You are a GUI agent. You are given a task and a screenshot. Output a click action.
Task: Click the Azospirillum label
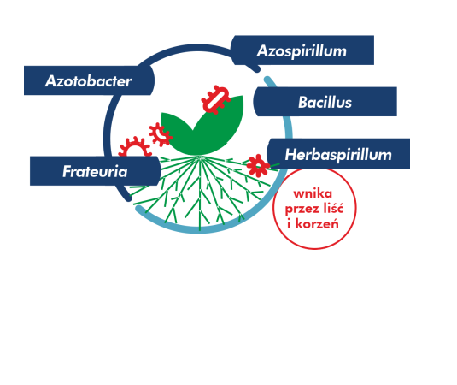tap(302, 50)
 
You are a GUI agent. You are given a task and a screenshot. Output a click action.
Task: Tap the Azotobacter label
tap(89, 80)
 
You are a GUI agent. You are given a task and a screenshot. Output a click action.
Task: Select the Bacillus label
tap(325, 102)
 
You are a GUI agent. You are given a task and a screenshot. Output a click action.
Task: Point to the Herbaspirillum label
tap(338, 154)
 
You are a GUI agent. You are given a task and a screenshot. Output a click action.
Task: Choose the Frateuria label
tap(95, 171)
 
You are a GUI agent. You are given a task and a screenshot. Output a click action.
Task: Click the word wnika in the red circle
tap(313, 193)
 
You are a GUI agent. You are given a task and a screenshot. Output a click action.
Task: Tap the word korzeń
tap(317, 224)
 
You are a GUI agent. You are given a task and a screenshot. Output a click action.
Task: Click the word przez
tap(302, 210)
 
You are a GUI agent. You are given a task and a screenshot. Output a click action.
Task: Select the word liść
tap(333, 208)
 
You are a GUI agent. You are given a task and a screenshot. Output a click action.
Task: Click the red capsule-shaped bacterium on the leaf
tap(216, 100)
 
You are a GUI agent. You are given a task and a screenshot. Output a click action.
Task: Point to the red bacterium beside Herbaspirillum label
tap(257, 165)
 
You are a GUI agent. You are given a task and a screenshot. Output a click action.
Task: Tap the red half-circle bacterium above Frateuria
tap(135, 148)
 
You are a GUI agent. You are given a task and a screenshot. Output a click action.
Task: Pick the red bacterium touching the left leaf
tap(160, 134)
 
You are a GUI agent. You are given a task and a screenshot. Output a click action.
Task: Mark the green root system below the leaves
tap(200, 191)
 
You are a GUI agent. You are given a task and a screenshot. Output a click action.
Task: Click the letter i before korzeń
tap(289, 223)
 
